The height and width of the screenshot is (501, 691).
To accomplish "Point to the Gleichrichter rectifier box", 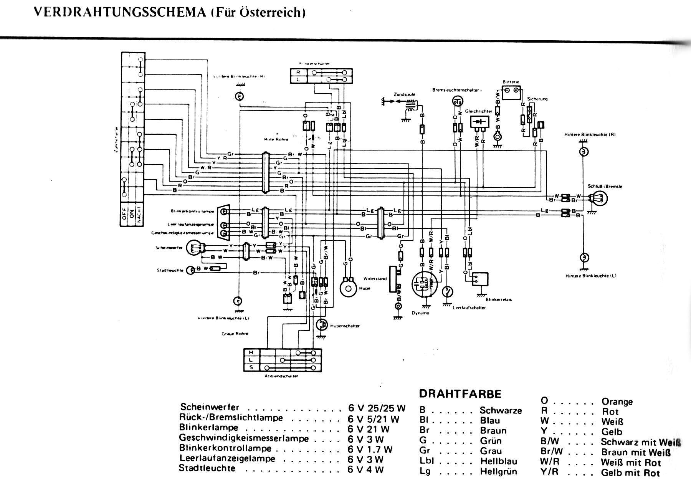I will click(480, 122).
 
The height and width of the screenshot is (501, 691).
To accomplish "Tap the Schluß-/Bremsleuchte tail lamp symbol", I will click(598, 198).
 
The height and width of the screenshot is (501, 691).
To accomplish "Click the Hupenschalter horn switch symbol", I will click(321, 325).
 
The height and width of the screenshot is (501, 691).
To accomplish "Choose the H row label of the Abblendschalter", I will click(251, 352).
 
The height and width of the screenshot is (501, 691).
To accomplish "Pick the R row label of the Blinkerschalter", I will click(298, 72).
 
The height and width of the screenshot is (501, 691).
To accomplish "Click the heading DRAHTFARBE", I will click(460, 394).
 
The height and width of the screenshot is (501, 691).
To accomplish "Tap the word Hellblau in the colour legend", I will click(498, 461).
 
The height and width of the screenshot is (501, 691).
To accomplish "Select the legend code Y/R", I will click(549, 472).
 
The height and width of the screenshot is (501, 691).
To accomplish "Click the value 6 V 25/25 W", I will click(377, 408).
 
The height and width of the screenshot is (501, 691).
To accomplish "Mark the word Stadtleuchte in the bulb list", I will click(207, 468).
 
